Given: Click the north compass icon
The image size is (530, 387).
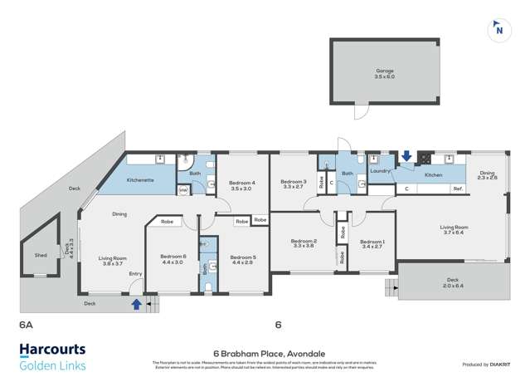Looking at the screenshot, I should pos(498,29).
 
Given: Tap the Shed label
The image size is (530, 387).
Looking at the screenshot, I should pos(41,255).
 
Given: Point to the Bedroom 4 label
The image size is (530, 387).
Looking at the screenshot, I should pos(241,185).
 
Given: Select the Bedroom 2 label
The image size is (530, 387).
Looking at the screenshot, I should pos(304,243).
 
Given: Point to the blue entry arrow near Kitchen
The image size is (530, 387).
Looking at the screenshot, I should pos(406,155).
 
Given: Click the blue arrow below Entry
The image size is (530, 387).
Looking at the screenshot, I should pos(136,305).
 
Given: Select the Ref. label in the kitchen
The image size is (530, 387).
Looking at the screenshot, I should pos(457,189).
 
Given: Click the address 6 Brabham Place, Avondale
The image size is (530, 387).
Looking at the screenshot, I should pos(265,352).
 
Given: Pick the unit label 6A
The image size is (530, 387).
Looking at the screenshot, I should pos(25,327).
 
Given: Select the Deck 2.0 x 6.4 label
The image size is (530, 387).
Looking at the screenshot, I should pos(452,282).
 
